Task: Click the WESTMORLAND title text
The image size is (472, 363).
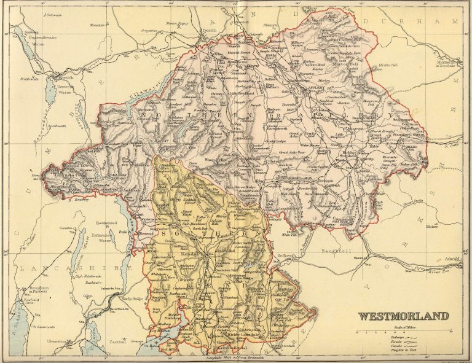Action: point(403,317)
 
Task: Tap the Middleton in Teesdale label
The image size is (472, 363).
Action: point(441,64)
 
